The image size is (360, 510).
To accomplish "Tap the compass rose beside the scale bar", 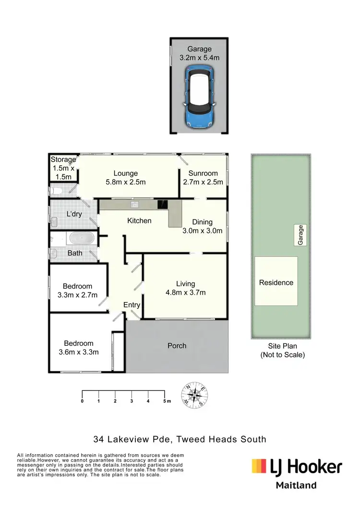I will pos(194,395).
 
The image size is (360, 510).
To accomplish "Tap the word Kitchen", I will pos(139,221).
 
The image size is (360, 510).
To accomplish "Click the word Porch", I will pos(177,346).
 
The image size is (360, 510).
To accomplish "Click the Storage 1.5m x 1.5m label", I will pos(63,168).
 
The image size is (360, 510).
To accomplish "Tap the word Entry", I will pos(132,305).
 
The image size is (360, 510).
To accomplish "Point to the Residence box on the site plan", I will pos(276,282).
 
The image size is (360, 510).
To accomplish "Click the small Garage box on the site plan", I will pos(301,236).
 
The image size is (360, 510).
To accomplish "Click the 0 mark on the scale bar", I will pos(83,401).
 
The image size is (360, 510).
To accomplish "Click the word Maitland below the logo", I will pos(296,485).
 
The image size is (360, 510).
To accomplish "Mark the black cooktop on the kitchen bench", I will pos(162,204).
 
